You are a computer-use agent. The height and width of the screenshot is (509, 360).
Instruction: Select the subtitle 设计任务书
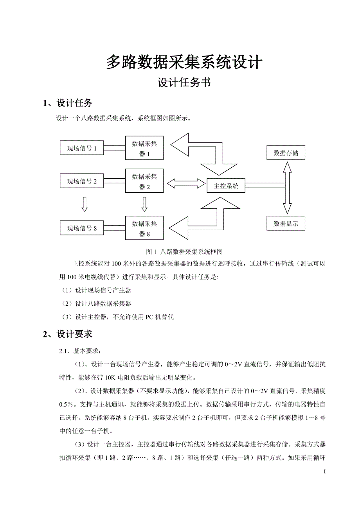point(184,83)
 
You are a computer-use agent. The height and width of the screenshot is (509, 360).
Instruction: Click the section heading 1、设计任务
point(68,103)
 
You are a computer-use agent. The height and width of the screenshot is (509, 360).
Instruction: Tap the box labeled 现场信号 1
point(82,148)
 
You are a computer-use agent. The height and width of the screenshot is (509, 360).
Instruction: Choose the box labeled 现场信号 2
point(82,181)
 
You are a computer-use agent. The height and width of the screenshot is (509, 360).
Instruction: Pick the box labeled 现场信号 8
point(82,228)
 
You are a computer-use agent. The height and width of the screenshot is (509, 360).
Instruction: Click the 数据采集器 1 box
point(144,149)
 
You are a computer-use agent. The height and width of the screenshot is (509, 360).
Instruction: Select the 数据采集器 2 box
point(144,181)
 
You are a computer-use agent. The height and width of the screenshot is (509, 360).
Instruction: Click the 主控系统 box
point(226,186)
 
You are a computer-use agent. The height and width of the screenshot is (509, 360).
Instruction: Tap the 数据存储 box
point(286,153)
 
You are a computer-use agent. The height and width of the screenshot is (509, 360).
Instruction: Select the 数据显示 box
point(286,224)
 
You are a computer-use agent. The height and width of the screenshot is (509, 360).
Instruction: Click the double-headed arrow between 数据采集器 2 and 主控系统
point(186,183)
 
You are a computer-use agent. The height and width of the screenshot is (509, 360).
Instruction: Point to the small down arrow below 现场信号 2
point(84,204)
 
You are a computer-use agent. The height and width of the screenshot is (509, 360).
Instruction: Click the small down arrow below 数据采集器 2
point(144,204)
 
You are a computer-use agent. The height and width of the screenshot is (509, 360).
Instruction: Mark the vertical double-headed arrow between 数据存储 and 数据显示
point(287,188)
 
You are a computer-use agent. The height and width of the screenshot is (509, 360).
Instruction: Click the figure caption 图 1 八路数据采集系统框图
point(184,251)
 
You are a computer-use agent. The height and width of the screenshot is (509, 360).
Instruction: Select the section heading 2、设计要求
point(68,334)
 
